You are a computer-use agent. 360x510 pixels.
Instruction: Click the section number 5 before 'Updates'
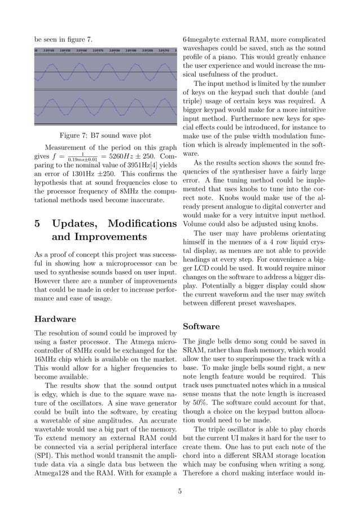click(x=38, y=223)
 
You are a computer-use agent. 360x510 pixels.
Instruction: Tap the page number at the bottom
click(x=179, y=491)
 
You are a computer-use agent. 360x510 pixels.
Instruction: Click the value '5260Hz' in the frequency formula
click(x=118, y=155)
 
